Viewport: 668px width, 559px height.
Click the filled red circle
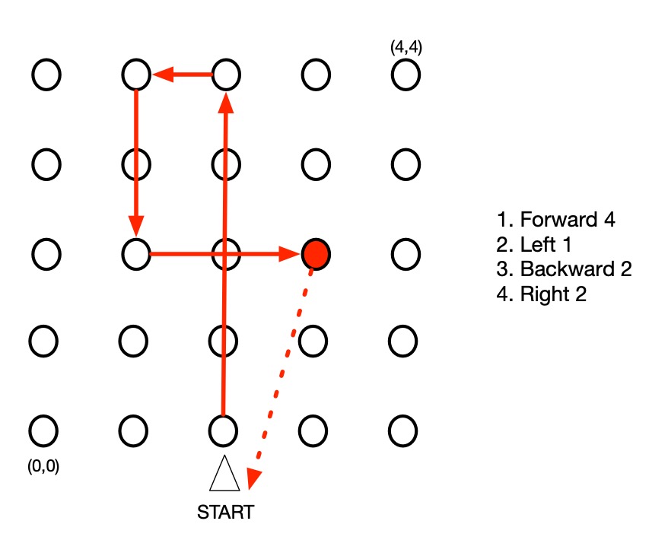click(x=315, y=253)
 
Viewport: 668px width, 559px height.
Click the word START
click(x=224, y=512)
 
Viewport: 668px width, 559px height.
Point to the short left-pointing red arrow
click(x=183, y=75)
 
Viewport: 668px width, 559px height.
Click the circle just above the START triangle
click(x=224, y=430)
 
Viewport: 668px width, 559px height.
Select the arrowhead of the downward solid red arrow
click(x=135, y=227)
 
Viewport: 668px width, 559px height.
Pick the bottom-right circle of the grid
click(x=402, y=430)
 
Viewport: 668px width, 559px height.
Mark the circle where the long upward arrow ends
click(x=226, y=75)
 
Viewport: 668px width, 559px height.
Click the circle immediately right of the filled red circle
click(x=405, y=253)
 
